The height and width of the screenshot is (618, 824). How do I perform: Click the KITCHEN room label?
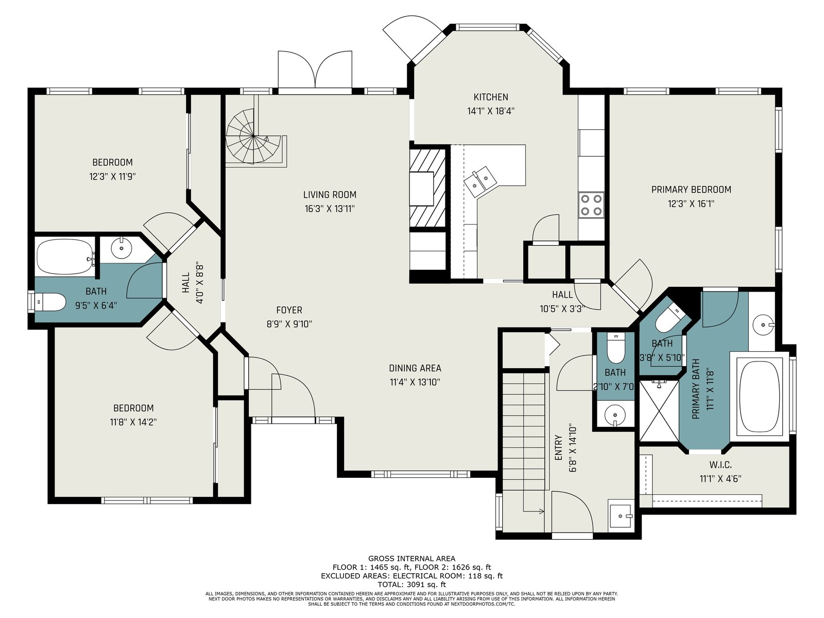click(x=490, y=97)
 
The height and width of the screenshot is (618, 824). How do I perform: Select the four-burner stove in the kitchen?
click(x=591, y=205)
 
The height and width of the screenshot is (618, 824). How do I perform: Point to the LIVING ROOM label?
click(x=330, y=195)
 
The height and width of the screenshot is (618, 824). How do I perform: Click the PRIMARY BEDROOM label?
click(x=691, y=190)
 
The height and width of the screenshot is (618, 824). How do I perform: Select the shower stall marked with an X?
click(x=659, y=410)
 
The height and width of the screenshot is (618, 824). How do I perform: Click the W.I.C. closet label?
click(x=720, y=465)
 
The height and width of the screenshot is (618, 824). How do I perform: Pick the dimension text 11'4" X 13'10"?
click(x=415, y=382)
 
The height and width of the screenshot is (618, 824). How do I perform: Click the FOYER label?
click(x=289, y=310)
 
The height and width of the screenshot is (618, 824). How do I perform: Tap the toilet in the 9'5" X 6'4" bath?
click(x=50, y=302)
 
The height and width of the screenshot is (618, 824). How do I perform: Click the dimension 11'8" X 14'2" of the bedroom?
click(x=133, y=422)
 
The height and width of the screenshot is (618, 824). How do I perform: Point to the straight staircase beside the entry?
click(x=524, y=432)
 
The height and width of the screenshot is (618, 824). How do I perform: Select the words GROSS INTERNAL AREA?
click(x=411, y=559)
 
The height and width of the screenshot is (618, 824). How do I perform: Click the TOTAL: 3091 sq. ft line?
click(x=411, y=585)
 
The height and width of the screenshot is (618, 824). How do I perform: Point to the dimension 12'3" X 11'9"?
click(x=112, y=177)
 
